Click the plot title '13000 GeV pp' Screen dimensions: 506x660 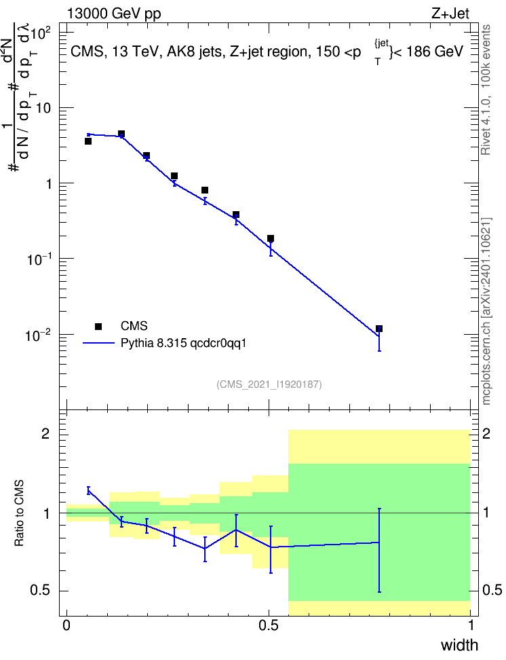(114, 14)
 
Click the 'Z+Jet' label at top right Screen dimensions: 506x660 (450, 14)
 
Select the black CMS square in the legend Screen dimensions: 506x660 (98, 326)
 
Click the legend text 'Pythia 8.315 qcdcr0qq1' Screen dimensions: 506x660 (183, 343)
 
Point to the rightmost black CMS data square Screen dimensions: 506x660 (379, 329)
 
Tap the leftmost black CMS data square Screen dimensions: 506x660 (88, 141)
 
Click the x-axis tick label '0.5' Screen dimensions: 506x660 (269, 625)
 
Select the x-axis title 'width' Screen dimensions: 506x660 (460, 645)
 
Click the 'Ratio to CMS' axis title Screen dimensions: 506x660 (19, 513)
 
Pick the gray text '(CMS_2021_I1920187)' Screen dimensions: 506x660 (269, 384)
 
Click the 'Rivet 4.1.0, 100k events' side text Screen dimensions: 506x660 (486, 90)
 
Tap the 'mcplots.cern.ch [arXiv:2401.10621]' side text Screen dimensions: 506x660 (486, 312)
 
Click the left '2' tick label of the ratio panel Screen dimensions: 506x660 (45, 434)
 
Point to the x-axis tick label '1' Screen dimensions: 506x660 (470, 625)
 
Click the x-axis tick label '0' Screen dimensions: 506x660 (66, 625)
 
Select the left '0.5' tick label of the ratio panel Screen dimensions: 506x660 (41, 590)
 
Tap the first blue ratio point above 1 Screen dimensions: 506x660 (88, 490)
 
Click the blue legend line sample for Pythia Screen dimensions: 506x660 (98, 343)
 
